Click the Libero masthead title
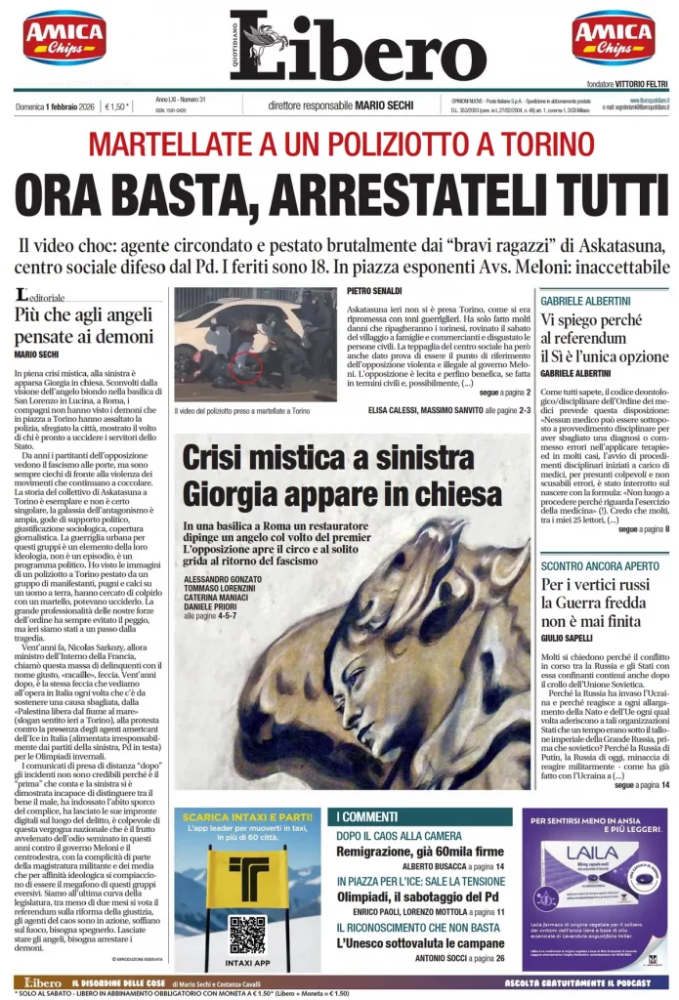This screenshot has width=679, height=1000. point(358,47)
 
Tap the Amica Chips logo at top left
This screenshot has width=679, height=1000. point(64,38)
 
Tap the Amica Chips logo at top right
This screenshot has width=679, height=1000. point(614,38)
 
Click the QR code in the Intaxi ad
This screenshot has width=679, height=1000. point(246,933)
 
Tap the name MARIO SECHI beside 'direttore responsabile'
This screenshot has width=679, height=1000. point(383,105)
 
